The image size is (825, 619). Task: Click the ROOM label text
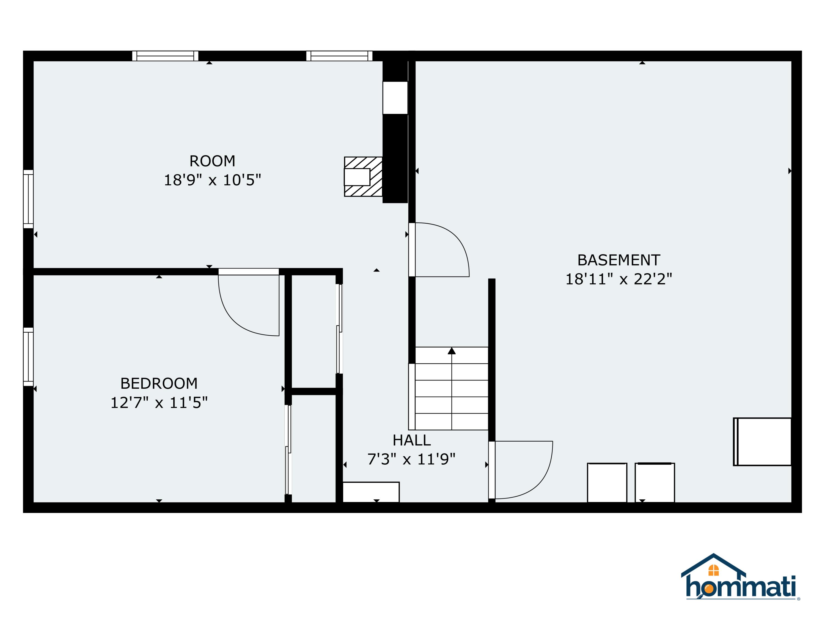212,161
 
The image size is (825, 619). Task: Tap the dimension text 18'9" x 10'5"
212,180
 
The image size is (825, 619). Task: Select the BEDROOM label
159,384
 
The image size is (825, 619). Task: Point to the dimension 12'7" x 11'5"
159,402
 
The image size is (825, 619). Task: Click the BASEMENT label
618,260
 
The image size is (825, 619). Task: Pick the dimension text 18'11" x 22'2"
618,279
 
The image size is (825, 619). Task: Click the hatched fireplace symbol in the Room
363,177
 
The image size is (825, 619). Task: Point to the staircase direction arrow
452,351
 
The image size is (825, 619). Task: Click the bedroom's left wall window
28,357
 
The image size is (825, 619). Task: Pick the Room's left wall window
28,199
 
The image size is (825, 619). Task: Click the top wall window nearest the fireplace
339,56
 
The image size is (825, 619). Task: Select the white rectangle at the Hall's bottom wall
371,492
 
